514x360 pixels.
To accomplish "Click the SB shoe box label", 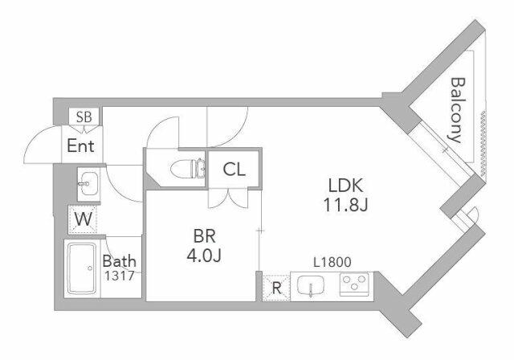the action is [84, 117].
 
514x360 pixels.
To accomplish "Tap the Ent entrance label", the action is [80, 145].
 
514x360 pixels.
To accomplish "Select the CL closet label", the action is [234, 170].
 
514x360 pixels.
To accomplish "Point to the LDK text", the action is [346, 186].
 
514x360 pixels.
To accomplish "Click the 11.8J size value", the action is [346, 205].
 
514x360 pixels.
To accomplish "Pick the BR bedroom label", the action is [204, 236].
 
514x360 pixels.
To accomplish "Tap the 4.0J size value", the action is [204, 256].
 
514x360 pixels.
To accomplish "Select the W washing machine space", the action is [83, 219].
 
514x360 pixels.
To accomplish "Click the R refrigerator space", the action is [276, 288].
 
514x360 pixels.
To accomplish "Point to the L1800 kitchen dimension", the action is [332, 262].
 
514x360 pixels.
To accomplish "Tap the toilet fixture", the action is [187, 169].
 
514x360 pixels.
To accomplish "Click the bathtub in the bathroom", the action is [82, 268].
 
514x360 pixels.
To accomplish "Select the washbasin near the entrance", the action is [88, 184].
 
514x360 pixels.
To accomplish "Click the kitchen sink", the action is [311, 285].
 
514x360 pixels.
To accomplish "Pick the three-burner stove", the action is [354, 284].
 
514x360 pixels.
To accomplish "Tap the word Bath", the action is [119, 261].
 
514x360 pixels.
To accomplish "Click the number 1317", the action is [120, 276].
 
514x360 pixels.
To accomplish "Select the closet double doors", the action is [228, 198].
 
